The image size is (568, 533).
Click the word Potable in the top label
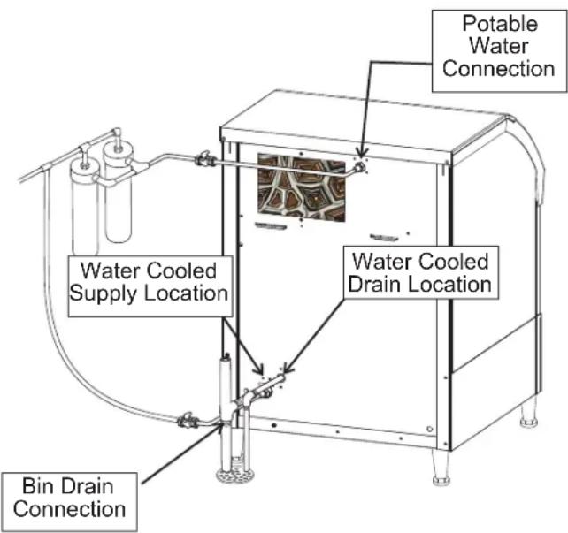pos(500,24)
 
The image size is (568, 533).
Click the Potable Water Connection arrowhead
pos(361,152)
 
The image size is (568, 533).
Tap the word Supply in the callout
pos(106,293)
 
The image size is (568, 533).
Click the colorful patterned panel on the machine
pos(301,187)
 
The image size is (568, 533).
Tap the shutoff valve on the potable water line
pos(205,159)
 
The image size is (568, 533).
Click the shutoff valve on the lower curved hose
pos(188,421)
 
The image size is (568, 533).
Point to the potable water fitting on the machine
pos(359,167)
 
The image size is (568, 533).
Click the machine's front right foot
pos(441,468)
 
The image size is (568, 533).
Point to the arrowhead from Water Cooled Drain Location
pos(288,369)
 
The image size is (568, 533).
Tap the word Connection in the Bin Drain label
pos(70,509)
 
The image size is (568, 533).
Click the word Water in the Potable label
pos(499,46)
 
